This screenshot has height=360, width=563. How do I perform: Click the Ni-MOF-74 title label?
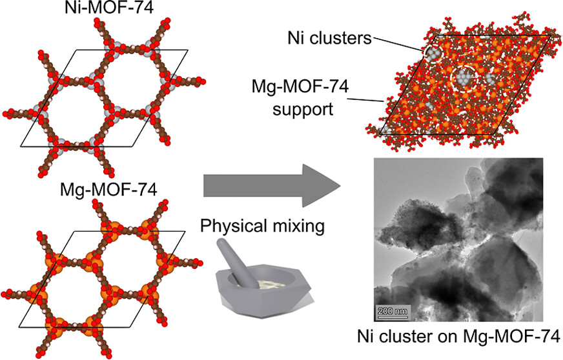click(x=109, y=8)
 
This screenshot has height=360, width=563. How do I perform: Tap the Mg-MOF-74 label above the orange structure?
click(x=108, y=190)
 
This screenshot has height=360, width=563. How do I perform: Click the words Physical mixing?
click(x=263, y=226)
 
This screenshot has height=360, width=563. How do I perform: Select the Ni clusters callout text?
click(x=329, y=37)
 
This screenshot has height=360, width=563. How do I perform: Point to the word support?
click(x=303, y=109)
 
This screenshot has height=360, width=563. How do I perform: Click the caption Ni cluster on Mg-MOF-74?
click(x=458, y=337)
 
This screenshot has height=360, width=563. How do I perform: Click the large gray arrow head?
click(x=321, y=186)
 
